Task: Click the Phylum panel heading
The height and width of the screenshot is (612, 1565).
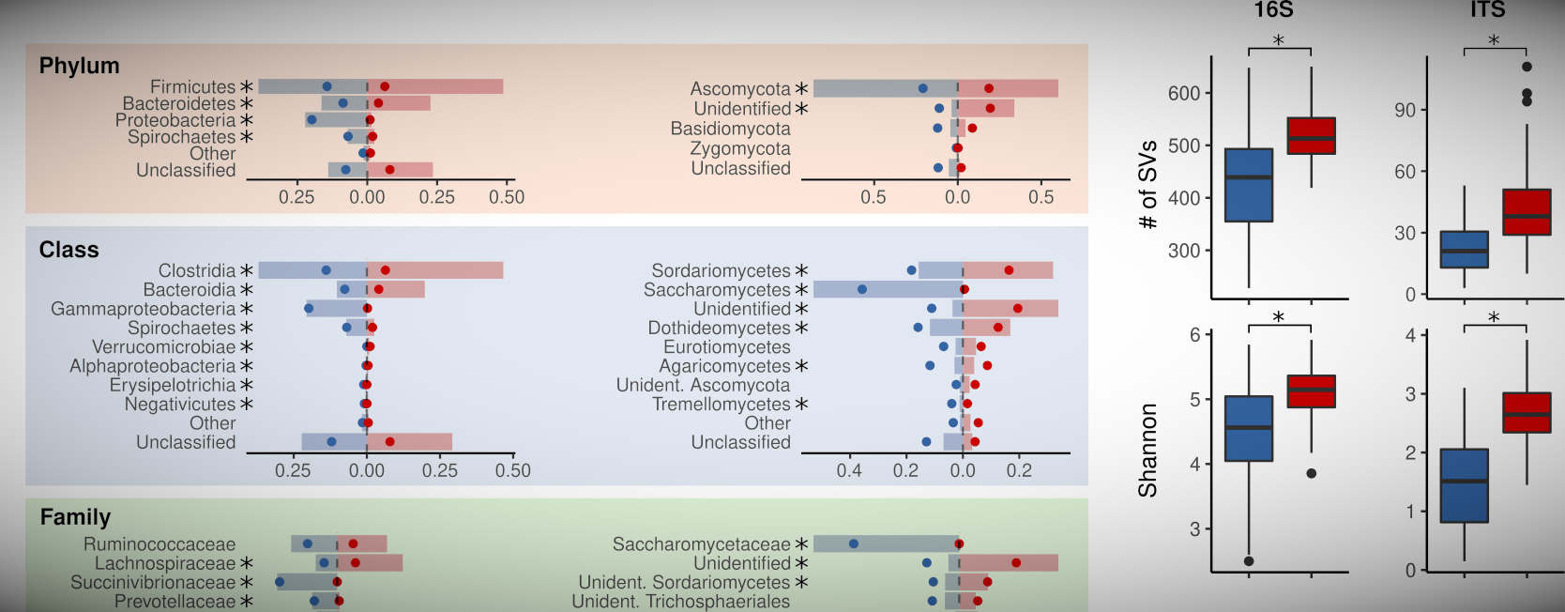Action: coord(79,66)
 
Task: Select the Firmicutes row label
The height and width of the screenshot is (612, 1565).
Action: coord(192,87)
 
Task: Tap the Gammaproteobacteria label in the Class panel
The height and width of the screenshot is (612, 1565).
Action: coord(143,309)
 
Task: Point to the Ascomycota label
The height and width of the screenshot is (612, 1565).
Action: coord(739,89)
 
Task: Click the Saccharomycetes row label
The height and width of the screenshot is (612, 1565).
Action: coord(717,290)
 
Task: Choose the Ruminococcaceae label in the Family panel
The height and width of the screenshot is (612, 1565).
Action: coord(160,544)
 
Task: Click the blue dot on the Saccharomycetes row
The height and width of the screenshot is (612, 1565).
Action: coord(862,289)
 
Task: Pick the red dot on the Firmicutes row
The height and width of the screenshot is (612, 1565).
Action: coord(385,86)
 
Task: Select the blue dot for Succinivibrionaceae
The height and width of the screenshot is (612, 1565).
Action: coord(280,582)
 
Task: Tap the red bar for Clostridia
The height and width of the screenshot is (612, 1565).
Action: coord(435,270)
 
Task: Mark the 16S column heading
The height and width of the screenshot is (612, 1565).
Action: coord(1273,10)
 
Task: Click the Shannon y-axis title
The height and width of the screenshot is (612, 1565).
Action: coord(1147,450)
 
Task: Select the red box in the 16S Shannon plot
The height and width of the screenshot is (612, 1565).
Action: coord(1311,391)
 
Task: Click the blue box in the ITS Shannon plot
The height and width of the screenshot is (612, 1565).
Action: coord(1464,485)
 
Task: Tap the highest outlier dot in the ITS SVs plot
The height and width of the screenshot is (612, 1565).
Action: coord(1527,67)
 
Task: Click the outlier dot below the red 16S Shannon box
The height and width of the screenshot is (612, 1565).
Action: coord(1311,473)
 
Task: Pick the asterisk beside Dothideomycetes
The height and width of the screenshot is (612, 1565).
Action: coord(801,328)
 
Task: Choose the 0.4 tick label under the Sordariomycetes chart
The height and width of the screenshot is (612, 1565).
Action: coord(849,470)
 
